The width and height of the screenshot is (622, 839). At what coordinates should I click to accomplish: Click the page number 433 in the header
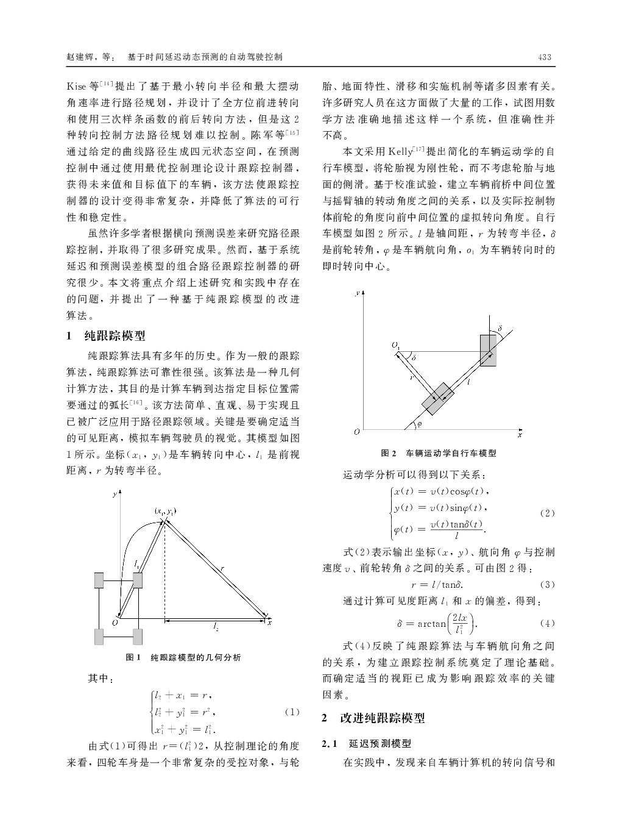[545, 57]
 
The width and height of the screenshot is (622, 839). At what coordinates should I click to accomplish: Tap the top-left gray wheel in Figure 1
[99, 580]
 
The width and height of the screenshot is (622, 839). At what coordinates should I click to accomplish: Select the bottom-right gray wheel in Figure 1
[137, 636]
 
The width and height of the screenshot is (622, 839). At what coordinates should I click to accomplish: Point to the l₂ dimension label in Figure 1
[216, 626]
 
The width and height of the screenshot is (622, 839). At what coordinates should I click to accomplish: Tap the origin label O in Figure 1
[113, 622]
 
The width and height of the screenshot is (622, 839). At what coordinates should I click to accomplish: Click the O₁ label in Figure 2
[396, 346]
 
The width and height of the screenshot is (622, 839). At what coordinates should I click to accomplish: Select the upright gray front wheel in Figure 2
[488, 350]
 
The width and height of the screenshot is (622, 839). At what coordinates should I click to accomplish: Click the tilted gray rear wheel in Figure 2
[437, 399]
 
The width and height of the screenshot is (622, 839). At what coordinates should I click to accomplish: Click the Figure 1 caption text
[183, 657]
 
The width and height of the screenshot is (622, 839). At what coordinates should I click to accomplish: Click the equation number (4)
[547, 623]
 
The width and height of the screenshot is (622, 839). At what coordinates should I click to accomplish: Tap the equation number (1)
[292, 712]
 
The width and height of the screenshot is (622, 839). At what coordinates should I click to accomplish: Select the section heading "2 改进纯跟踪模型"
[373, 718]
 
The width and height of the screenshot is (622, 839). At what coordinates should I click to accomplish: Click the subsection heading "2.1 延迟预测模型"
[367, 744]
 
